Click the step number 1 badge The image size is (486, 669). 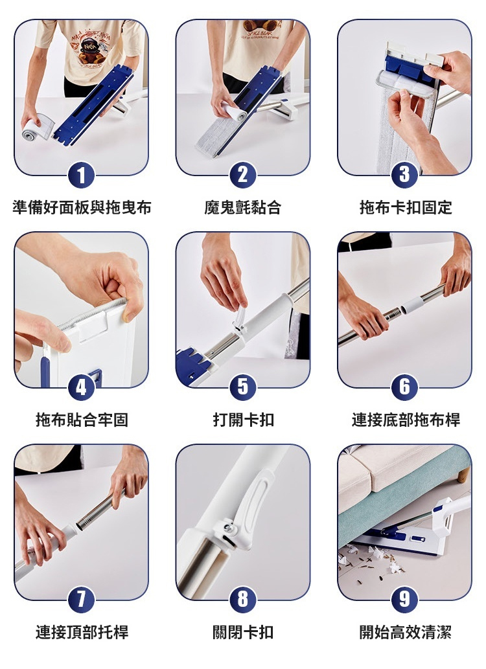(x=81, y=175)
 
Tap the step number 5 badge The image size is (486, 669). (x=243, y=387)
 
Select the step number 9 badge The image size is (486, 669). (x=404, y=600)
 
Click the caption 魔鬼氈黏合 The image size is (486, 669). (x=242, y=208)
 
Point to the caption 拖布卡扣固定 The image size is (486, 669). (x=405, y=208)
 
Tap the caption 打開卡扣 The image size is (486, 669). (x=243, y=420)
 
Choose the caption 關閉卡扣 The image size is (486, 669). (x=243, y=632)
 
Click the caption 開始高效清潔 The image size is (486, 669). (x=405, y=632)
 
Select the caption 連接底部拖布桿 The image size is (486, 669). (x=406, y=420)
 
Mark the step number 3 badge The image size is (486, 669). (x=404, y=175)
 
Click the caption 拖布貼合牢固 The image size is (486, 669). (x=82, y=420)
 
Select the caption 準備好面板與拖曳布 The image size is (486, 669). (x=82, y=208)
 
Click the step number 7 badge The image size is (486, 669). (x=81, y=600)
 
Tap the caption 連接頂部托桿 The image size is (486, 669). (x=82, y=632)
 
